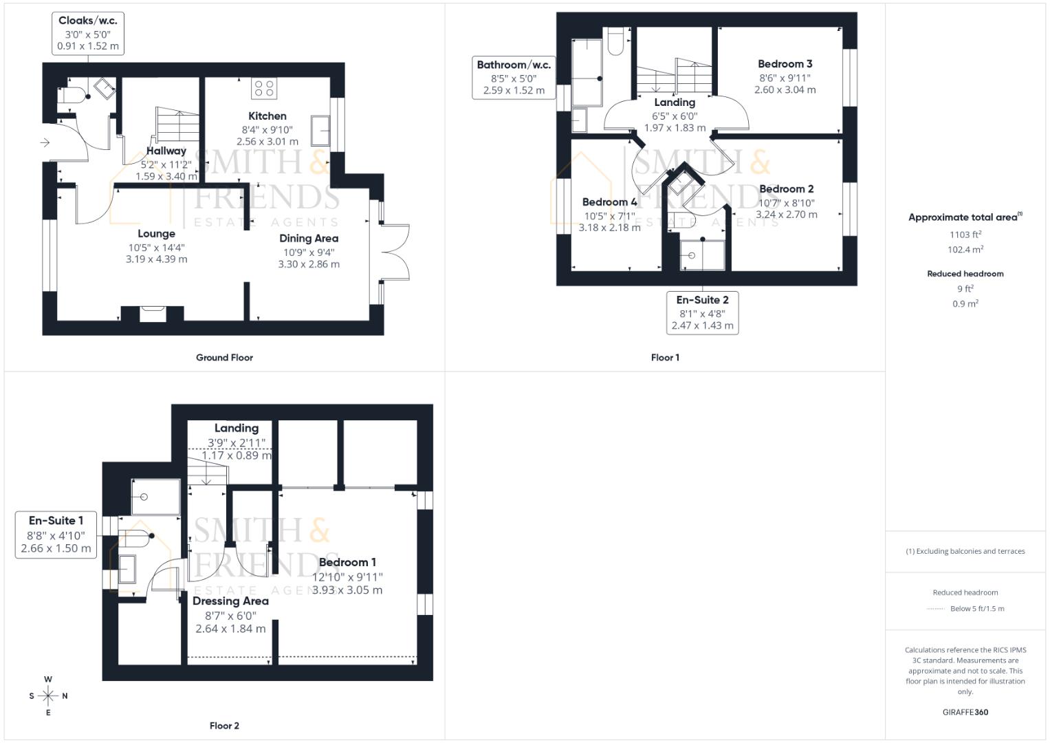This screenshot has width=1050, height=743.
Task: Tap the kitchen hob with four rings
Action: click(265, 88)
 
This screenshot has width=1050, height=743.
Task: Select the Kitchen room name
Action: click(267, 116)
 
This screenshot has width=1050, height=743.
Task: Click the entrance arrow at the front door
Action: click(45, 142)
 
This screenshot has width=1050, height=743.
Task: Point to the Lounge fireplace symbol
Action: click(153, 314)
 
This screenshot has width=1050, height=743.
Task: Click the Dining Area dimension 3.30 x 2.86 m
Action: click(309, 264)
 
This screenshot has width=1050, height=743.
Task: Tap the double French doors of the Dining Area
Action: click(395, 252)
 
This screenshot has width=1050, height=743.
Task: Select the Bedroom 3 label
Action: click(785, 64)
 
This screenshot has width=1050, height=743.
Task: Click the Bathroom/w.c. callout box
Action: click(514, 77)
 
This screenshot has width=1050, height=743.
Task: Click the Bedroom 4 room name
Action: click(609, 202)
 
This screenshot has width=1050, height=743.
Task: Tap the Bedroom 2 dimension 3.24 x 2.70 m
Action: click(787, 215)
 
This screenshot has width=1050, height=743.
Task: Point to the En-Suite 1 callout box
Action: click(56, 535)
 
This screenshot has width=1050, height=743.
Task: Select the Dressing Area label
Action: click(230, 601)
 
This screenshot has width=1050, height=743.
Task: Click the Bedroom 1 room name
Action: click(347, 563)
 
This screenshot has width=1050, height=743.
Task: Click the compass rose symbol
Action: click(48, 696)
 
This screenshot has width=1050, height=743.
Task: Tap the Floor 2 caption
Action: click(224, 726)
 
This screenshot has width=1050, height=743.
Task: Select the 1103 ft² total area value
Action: click(965, 235)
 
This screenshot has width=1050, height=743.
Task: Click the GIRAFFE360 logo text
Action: click(965, 713)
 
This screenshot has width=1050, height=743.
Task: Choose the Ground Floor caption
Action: click(224, 358)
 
